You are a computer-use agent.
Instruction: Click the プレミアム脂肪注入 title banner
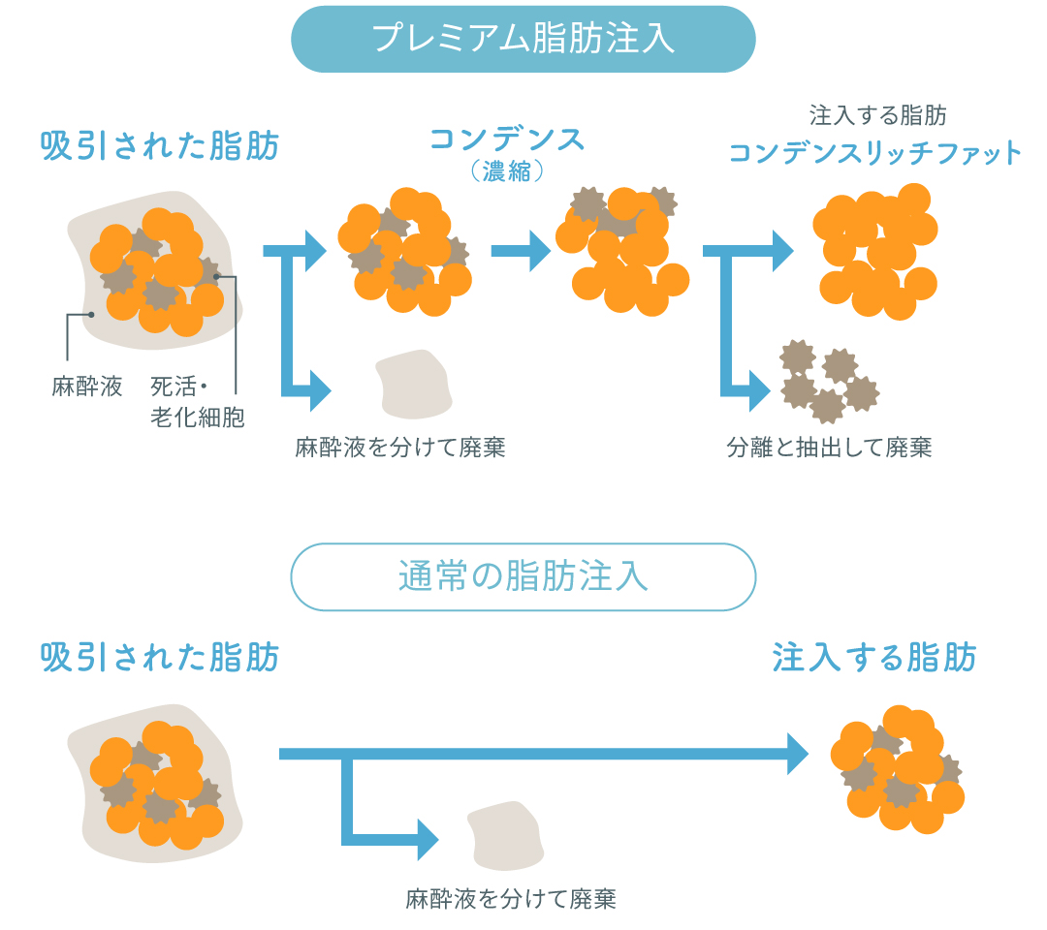coord(523,39)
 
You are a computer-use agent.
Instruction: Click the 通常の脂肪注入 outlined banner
coord(523,576)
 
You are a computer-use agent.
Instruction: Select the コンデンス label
coord(507,139)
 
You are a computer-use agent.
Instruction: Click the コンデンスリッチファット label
coord(875,153)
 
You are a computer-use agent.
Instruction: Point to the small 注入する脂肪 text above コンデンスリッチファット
coord(878,116)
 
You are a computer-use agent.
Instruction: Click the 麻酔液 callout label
coord(87,387)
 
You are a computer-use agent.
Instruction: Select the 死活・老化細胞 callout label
coord(197,402)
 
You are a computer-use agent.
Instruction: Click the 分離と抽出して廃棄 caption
coord(829,448)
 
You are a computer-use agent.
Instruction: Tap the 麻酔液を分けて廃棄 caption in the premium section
coord(400,448)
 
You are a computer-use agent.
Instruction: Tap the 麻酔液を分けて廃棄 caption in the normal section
coord(511,898)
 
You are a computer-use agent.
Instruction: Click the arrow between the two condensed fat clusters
coord(521,251)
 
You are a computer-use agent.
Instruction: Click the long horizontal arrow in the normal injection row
coord(543,753)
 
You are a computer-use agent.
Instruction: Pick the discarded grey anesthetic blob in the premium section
coord(415,383)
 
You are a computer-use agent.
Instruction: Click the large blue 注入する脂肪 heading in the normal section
coord(874,658)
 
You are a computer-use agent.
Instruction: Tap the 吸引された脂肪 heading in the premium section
coord(160,146)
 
